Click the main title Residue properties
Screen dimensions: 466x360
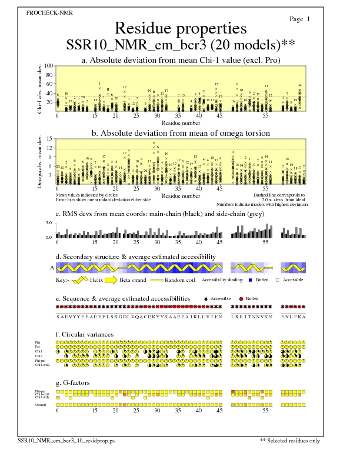tap(180, 28)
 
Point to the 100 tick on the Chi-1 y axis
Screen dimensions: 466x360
tap(48, 66)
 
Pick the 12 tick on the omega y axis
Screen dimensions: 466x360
tap(49, 149)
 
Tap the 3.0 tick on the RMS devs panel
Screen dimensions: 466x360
tap(50, 224)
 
